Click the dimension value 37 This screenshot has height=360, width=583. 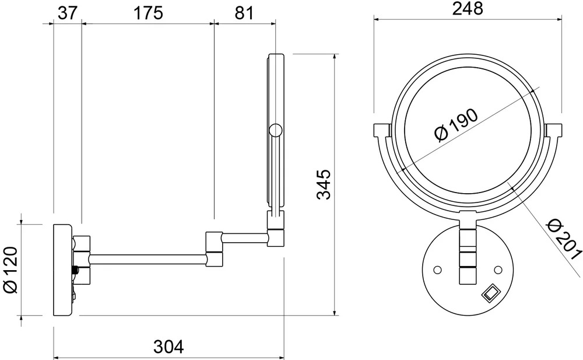[67, 13]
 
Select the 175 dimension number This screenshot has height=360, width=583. [148, 13]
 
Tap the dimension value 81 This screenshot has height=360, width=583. [244, 13]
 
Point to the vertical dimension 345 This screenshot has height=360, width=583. [324, 184]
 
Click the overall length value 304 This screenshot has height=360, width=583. [168, 347]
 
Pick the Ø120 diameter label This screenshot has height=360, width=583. [10, 270]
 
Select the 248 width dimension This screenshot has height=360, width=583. [468, 9]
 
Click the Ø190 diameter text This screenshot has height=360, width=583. [456, 125]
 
